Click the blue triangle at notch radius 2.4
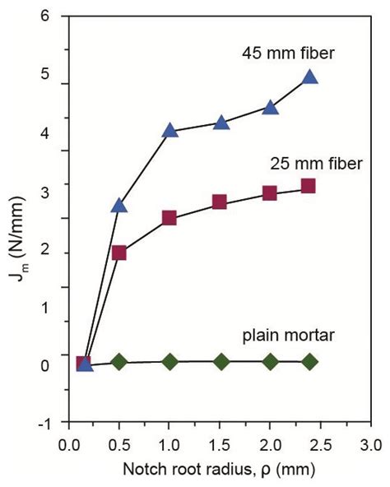click(310, 77)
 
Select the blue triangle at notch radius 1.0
click(169, 130)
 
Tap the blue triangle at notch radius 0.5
click(119, 205)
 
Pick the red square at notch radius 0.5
click(119, 253)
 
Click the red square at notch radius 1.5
click(220, 202)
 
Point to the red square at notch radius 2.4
click(309, 186)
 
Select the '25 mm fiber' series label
click(315, 165)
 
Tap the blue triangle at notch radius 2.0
click(270, 107)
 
